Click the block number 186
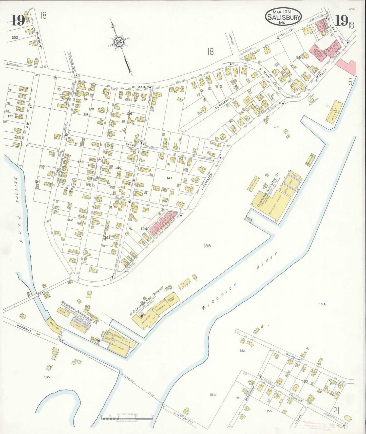coord(207,246)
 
